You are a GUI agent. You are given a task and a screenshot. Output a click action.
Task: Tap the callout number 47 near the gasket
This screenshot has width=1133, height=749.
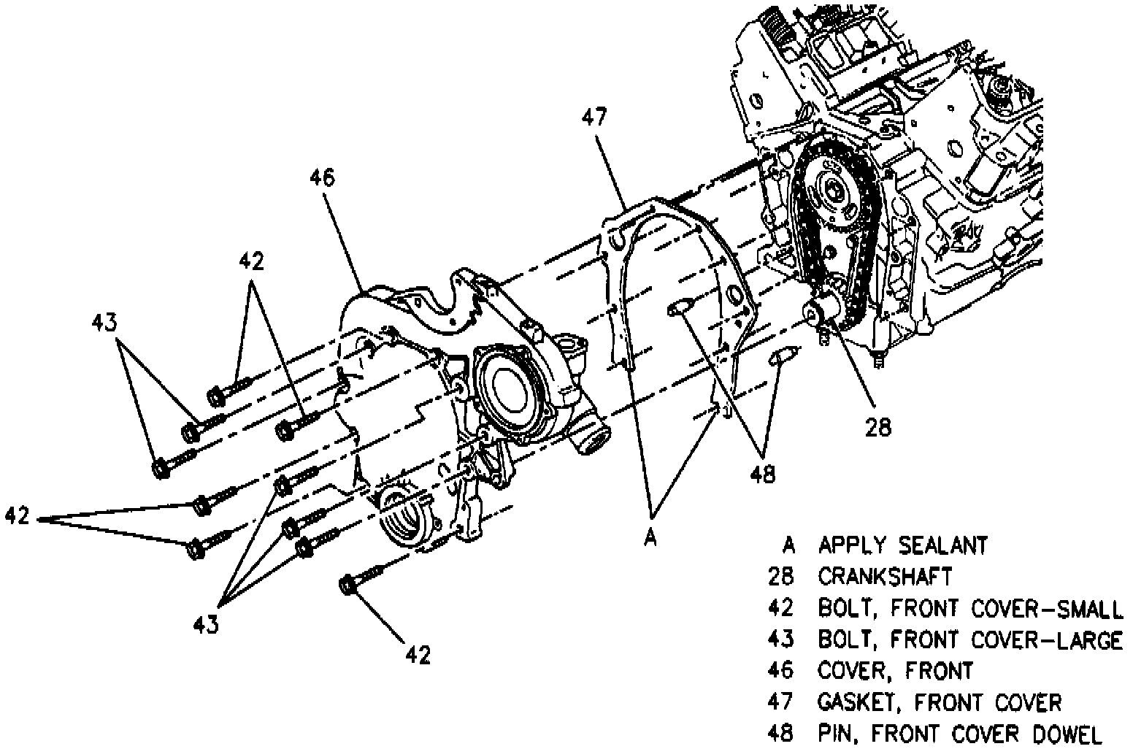[595, 118]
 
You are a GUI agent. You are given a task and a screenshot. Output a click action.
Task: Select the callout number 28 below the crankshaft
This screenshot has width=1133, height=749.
[877, 427]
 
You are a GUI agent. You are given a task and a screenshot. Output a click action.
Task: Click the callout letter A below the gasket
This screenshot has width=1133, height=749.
[650, 538]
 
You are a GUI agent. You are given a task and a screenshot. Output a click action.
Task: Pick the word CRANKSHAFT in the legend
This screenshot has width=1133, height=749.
[885, 577]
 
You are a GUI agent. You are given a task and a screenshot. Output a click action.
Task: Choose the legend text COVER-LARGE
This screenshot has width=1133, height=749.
[1048, 640]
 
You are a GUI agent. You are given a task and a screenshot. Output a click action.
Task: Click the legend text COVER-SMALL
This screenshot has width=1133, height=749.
[1048, 608]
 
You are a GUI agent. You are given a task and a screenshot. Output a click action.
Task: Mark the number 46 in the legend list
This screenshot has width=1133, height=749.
[780, 670]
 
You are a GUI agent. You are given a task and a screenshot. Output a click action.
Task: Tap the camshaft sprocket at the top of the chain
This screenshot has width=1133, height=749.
[832, 191]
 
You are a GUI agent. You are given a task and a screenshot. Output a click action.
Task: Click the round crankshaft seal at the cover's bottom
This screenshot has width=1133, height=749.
[403, 518]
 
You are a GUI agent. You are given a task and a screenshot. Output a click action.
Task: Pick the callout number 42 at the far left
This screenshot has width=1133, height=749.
[17, 517]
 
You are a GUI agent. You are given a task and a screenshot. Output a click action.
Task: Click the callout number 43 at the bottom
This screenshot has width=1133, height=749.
[206, 624]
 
